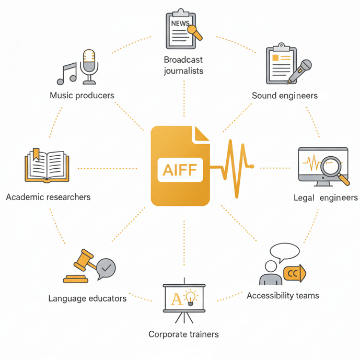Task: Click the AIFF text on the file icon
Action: tap(179, 170)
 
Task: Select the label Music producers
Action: tap(82, 95)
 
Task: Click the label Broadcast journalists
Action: tap(183, 65)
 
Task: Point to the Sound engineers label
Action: tap(284, 96)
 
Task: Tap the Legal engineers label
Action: tap(326, 198)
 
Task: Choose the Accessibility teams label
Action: tap(283, 296)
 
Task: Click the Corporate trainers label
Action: tap(183, 334)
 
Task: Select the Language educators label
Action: tap(87, 298)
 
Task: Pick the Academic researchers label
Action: tap(48, 197)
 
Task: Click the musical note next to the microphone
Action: tap(66, 74)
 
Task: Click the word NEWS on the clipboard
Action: tap(179, 24)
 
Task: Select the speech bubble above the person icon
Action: tap(284, 252)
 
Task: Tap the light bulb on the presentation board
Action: tap(191, 298)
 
